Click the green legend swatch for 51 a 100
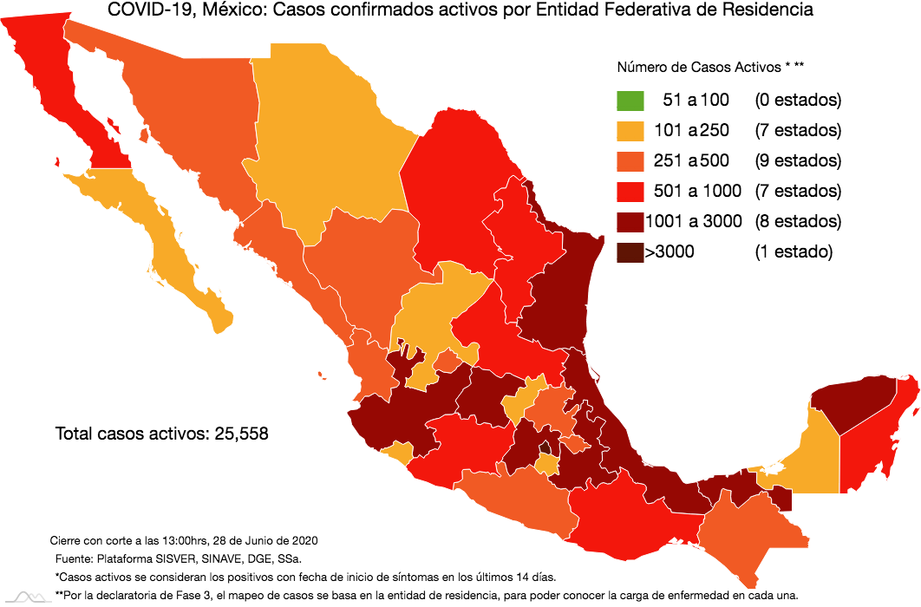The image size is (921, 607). point(630,100)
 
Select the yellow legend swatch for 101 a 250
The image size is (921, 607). point(630,130)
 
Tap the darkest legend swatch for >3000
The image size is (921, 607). point(630,252)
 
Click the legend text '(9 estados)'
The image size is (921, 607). point(797,160)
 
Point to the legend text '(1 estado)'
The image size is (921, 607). point(793,252)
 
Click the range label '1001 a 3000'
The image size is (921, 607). point(693,221)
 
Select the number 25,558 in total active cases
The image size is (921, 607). point(238,434)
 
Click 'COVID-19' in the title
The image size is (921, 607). point(142,11)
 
